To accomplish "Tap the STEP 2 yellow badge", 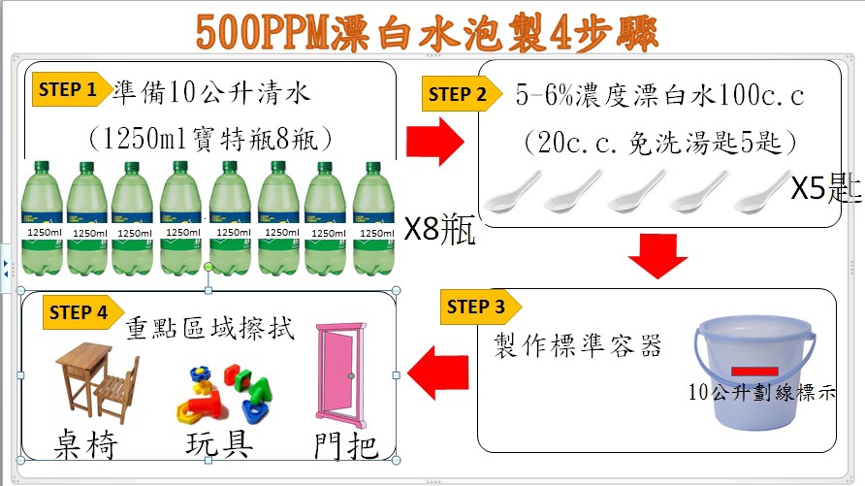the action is [x=462, y=94].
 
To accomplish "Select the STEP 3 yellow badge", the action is [x=480, y=307].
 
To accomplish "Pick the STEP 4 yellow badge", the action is [x=82, y=312].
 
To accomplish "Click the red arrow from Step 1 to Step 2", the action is [x=435, y=142].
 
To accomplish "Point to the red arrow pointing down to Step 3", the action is [x=657, y=256].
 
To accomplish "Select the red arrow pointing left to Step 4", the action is [x=438, y=373].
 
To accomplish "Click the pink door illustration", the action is [x=341, y=375].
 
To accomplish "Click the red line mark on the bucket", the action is [x=754, y=372].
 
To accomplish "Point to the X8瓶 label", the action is [x=439, y=229].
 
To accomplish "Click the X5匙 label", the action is [x=826, y=188].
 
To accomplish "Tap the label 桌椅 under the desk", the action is [x=86, y=444].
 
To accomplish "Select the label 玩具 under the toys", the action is [x=219, y=443].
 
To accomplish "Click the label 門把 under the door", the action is [x=346, y=445].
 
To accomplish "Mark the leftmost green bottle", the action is [x=42, y=218].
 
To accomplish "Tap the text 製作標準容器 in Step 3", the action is [x=577, y=346].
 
